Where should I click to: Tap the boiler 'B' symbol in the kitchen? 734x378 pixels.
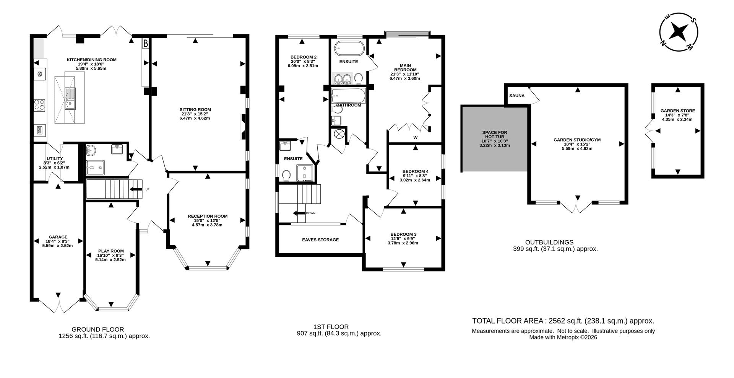click(x=145, y=44)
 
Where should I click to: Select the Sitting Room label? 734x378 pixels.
click(x=195, y=110)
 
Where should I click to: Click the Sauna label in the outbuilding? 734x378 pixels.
click(x=516, y=96)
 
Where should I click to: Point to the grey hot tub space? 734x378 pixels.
click(x=494, y=139)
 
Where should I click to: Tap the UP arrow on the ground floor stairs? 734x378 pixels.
click(x=135, y=189)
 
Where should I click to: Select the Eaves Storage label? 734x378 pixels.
click(x=320, y=240)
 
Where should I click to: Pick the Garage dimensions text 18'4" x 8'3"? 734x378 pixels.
click(x=57, y=241)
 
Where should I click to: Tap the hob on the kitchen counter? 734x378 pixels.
click(x=39, y=104)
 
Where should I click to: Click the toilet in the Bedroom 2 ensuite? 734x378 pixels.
click(x=287, y=175)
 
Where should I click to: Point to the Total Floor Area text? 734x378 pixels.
click(x=563, y=321)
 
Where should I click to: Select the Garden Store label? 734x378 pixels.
click(x=677, y=111)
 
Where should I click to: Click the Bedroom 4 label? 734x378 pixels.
click(x=415, y=171)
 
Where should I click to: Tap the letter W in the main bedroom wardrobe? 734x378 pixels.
click(x=415, y=137)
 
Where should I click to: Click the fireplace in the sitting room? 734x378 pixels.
click(x=244, y=126)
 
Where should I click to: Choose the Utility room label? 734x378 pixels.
click(x=55, y=158)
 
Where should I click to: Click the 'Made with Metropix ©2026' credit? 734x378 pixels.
click(x=563, y=337)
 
